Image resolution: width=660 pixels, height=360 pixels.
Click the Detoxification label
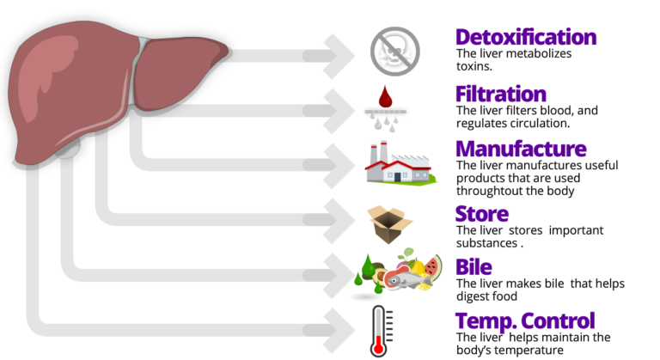[x=525, y=38]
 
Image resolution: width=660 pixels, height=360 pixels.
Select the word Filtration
[x=500, y=95]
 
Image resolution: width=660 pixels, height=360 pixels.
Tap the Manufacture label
[x=520, y=149]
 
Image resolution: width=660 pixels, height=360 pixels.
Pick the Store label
[x=481, y=214]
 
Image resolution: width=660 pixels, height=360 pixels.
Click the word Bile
[x=473, y=267]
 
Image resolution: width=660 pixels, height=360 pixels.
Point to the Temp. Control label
[x=524, y=321]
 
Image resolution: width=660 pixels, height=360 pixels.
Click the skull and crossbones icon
[x=394, y=51]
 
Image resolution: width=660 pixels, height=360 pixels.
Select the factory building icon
[x=399, y=163]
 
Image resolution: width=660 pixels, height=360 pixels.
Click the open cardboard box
[x=389, y=223]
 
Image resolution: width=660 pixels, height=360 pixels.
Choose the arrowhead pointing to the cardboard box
[x=340, y=220]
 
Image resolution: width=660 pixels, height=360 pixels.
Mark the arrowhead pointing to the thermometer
[x=340, y=329]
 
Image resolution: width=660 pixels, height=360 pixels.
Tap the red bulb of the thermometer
[x=378, y=348]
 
